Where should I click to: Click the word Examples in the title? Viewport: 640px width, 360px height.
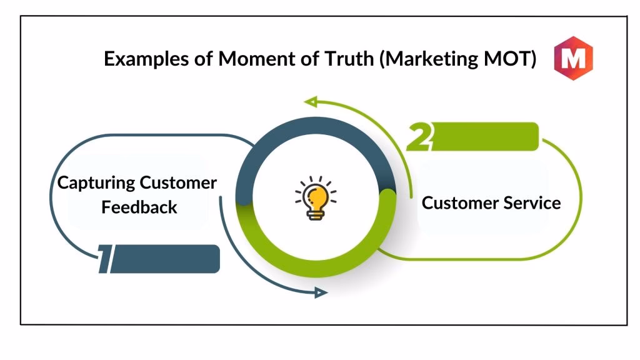[146, 59]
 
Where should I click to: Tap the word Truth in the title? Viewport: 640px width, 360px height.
[349, 58]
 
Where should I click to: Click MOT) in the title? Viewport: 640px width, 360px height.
[509, 59]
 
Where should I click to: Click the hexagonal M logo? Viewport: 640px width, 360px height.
[574, 58]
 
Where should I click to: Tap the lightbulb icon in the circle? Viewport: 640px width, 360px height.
[316, 198]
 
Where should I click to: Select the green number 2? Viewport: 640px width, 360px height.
[419, 136]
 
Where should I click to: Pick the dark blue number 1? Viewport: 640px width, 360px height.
[105, 259]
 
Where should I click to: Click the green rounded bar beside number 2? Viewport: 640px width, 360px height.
[486, 136]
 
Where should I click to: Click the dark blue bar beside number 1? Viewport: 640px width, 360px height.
[165, 259]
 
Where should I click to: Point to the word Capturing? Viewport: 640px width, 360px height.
[96, 183]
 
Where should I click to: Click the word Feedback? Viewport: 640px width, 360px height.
[139, 207]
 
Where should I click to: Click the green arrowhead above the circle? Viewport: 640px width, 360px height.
[311, 101]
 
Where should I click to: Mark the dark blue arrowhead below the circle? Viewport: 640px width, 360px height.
[321, 292]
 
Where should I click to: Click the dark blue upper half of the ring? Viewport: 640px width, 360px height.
[316, 125]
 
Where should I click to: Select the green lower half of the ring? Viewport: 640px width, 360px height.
[316, 269]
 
